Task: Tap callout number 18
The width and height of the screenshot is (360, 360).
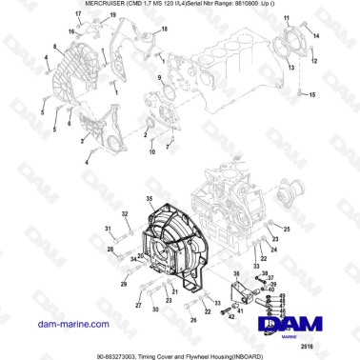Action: pyautogui.click(x=164, y=30)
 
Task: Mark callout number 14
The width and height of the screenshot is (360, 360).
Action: pyautogui.click(x=317, y=35)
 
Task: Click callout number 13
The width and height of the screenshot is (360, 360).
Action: pyautogui.click(x=290, y=70)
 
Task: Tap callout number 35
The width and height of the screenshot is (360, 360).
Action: pyautogui.click(x=148, y=199)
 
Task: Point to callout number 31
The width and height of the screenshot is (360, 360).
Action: pyautogui.click(x=108, y=227)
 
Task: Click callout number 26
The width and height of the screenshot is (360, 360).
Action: pyautogui.click(x=193, y=320)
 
